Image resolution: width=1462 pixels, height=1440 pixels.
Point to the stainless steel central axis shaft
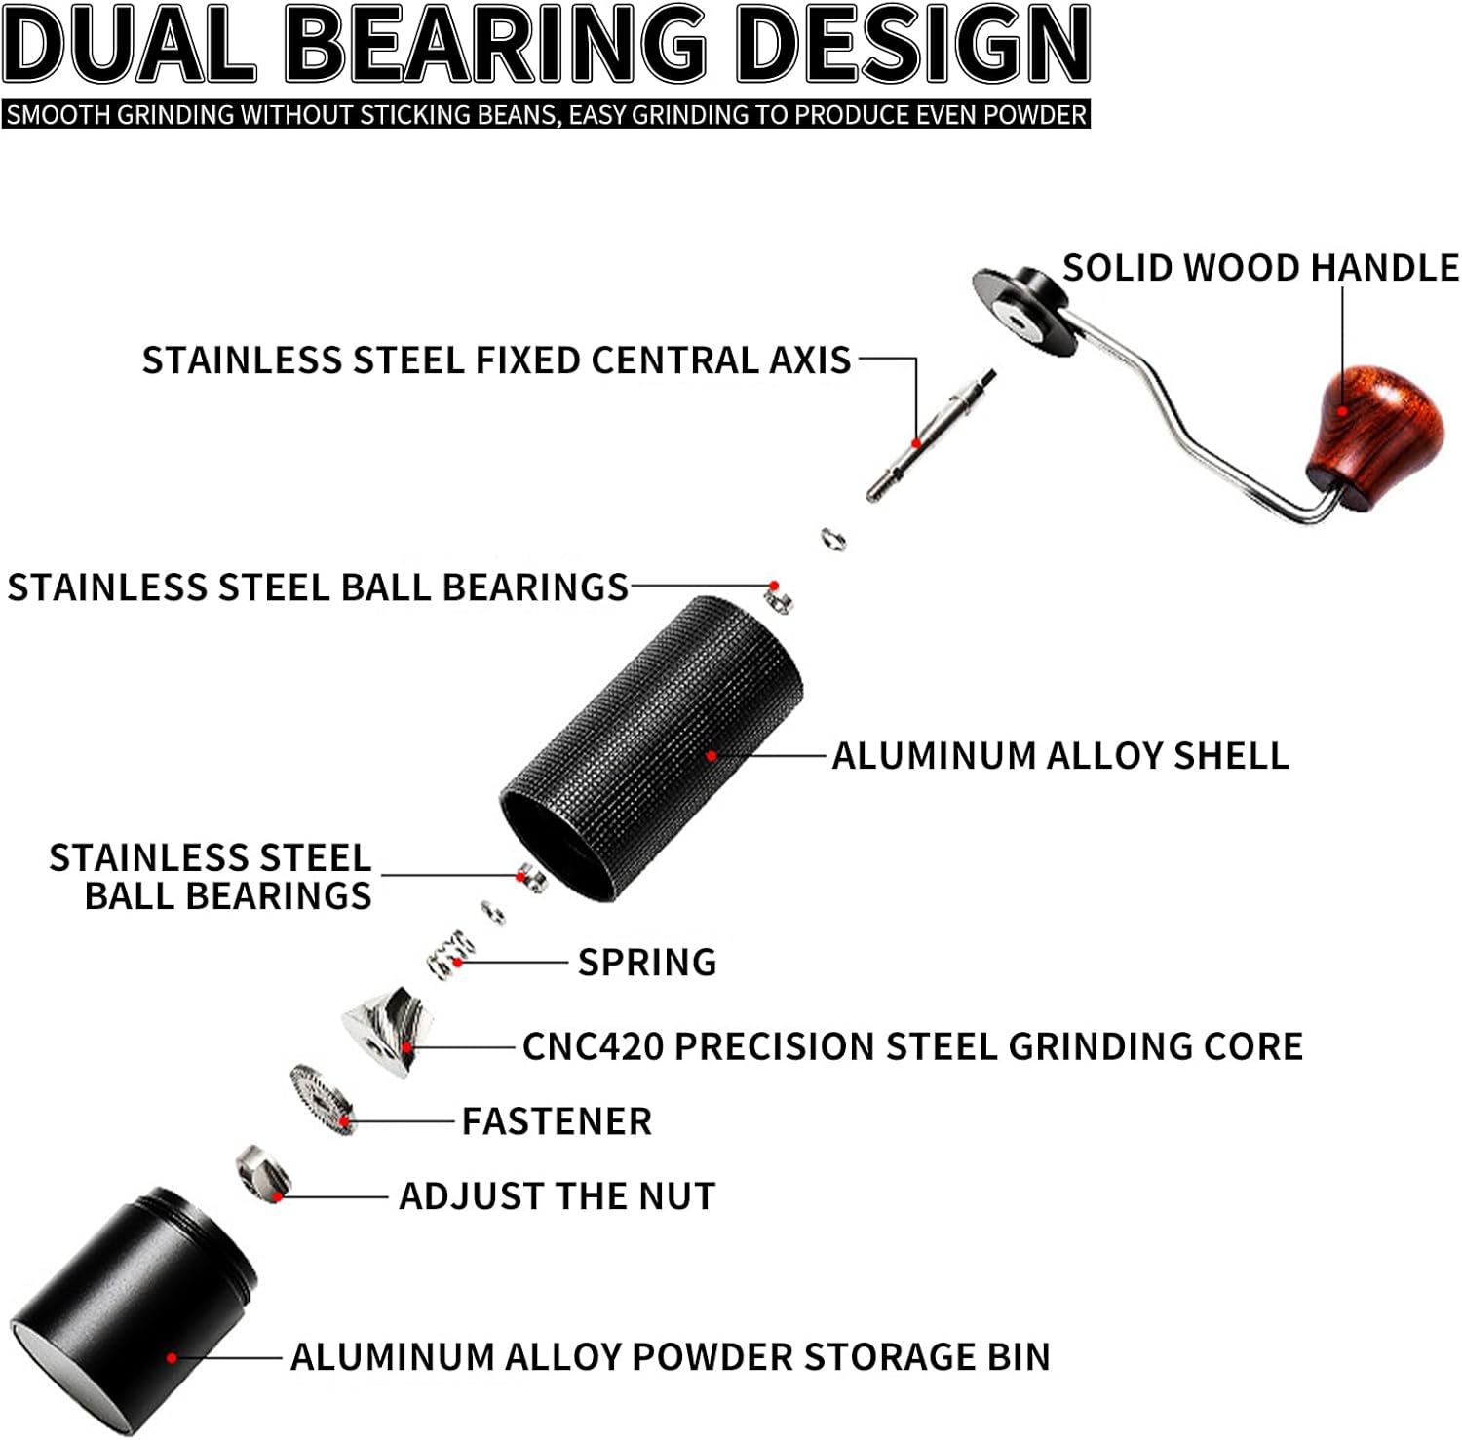931,434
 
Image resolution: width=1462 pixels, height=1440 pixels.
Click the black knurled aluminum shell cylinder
653,745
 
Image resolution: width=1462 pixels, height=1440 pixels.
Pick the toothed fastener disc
322,1098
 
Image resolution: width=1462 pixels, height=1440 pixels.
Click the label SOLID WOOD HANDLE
1259,267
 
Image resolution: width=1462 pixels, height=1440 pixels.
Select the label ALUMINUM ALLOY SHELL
1059,756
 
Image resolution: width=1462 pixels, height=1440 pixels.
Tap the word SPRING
647,963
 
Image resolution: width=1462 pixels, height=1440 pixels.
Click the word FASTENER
557,1121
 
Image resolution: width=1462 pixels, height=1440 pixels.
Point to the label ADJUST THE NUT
557,1195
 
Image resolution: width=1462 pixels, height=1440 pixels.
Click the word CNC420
593,1046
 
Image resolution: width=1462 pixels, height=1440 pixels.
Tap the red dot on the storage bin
172,1357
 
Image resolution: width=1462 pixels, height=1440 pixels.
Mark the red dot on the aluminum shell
712,755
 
